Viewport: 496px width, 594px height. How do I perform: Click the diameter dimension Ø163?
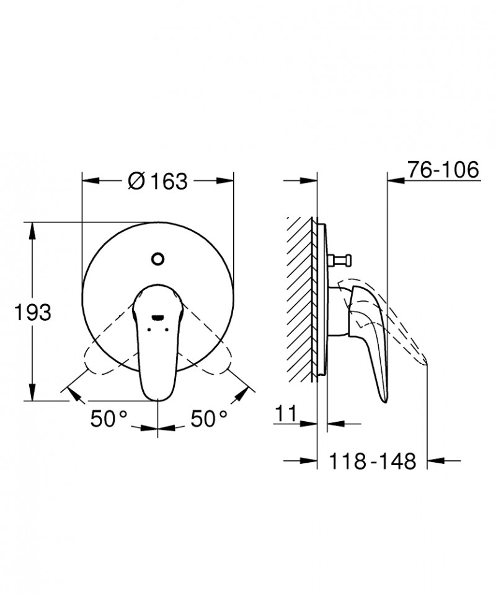pos(157,181)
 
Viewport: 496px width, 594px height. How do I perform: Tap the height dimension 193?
pos(33,313)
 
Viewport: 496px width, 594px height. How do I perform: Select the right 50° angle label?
pos(208,419)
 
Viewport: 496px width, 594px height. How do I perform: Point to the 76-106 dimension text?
pos(443,169)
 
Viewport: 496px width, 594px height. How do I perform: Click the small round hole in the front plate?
pos(157,259)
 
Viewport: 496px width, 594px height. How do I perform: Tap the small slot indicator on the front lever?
pos(157,316)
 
